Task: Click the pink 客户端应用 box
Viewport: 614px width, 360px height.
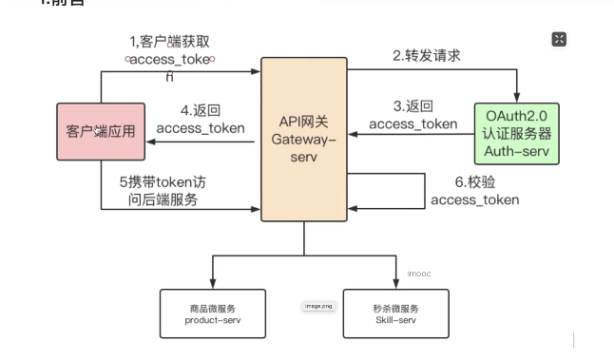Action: point(101,131)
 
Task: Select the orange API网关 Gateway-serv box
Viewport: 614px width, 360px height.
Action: point(304,139)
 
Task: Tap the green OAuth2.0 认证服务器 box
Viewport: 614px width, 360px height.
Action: point(516,132)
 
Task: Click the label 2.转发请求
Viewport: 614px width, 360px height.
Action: point(427,55)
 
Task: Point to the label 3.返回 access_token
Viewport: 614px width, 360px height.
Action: point(413,115)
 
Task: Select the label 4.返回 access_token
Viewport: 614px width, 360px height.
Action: point(200,119)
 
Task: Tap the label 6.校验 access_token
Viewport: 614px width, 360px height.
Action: point(474,190)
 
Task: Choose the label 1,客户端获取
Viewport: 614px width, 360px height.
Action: point(171,41)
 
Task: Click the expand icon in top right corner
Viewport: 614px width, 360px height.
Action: point(559,39)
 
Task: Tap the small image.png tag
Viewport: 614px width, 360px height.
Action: point(317,307)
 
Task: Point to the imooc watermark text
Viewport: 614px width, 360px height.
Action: point(419,274)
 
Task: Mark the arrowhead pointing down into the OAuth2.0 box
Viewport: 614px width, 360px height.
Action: point(517,95)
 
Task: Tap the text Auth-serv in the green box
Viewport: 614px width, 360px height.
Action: point(516,150)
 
